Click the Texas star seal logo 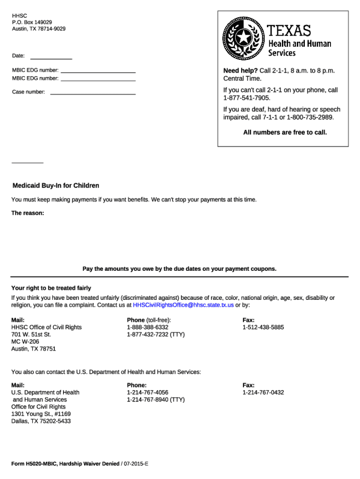pyautogui.click(x=244, y=36)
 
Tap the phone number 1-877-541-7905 pyautogui.click(x=246, y=98)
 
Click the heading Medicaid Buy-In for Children pyautogui.click(x=56, y=186)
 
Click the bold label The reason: pyautogui.click(x=28, y=213)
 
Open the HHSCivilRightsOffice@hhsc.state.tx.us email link pyautogui.click(x=183, y=305)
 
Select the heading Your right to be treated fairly pyautogui.click(x=51, y=288)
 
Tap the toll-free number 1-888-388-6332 pyautogui.click(x=147, y=327)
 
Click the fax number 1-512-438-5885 pyautogui.click(x=263, y=327)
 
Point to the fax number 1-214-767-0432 pyautogui.click(x=263, y=392)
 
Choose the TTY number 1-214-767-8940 pyautogui.click(x=156, y=400)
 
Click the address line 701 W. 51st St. pyautogui.click(x=31, y=334)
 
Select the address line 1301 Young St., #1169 pyautogui.click(x=41, y=414)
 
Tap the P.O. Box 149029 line pyautogui.click(x=32, y=22)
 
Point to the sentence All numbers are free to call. pyautogui.click(x=285, y=132)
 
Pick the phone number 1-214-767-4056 pyautogui.click(x=147, y=392)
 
